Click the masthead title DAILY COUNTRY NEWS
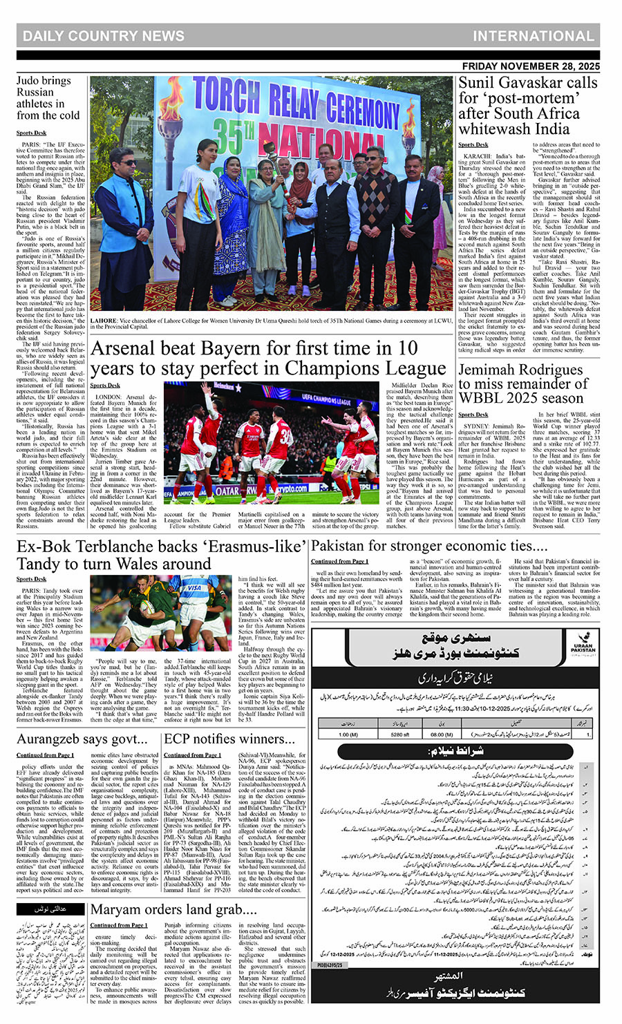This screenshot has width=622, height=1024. pyautogui.click(x=104, y=36)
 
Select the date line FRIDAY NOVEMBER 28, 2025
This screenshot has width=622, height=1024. pyautogui.click(x=531, y=67)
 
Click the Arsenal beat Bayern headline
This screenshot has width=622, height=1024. pyautogui.click(x=268, y=358)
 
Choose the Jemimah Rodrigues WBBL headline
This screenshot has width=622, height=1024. pyautogui.click(x=521, y=383)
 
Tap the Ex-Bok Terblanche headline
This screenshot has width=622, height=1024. pyautogui.click(x=161, y=555)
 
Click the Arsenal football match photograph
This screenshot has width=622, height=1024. pyautogui.click(x=272, y=442)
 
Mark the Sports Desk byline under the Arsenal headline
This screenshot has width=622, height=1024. pyautogui.click(x=104, y=386)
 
